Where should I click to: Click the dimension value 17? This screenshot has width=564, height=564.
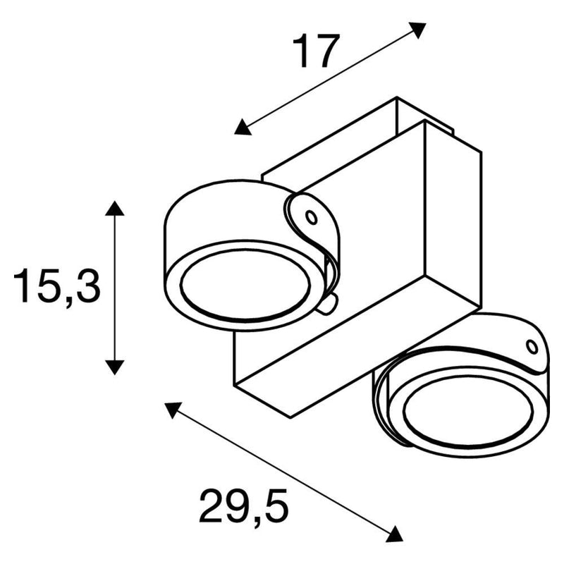[x=316, y=51]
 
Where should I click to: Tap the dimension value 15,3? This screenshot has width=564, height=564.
[x=56, y=286]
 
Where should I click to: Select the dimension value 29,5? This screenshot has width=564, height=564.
[x=243, y=505]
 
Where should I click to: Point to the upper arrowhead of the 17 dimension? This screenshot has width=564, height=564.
[x=419, y=29]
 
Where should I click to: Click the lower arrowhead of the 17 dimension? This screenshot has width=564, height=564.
[x=242, y=128]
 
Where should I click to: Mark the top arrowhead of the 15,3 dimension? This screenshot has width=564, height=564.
[x=114, y=208]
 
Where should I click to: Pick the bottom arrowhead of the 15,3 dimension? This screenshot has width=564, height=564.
[x=114, y=367]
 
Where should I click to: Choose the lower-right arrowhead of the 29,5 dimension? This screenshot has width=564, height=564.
[x=396, y=535]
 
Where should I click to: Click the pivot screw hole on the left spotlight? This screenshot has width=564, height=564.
[x=311, y=217]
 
